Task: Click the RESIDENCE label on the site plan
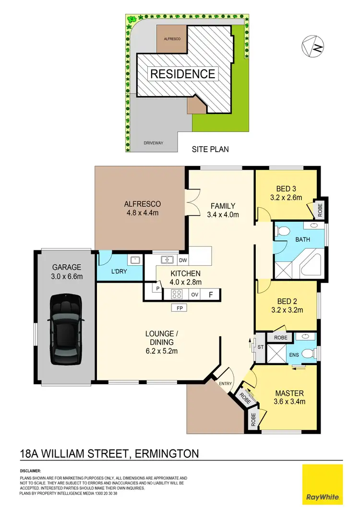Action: [183, 74]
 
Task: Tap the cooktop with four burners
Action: [176, 295]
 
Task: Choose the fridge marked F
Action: [210, 295]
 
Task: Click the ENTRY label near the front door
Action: [225, 383]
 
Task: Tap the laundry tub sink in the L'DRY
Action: [135, 260]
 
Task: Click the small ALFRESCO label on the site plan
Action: [172, 38]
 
